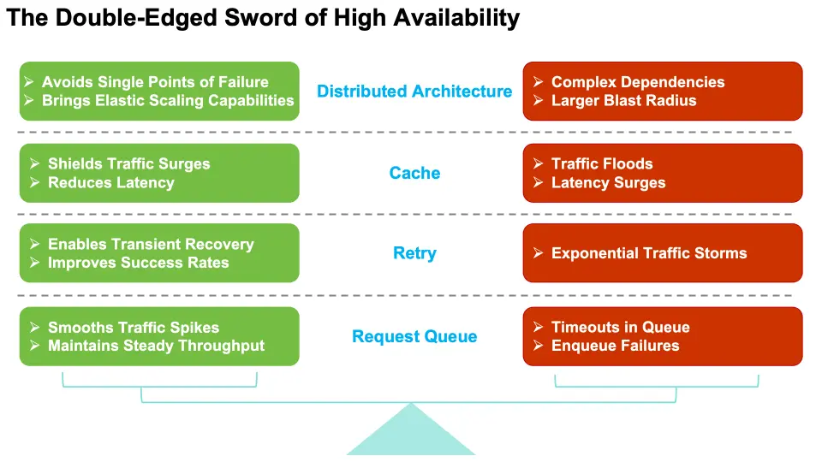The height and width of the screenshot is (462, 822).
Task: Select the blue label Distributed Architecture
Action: [x=414, y=92]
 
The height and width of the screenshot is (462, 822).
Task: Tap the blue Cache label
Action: [x=414, y=173]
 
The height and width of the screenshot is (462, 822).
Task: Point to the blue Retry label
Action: [x=414, y=253]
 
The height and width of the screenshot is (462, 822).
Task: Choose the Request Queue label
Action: [x=414, y=336]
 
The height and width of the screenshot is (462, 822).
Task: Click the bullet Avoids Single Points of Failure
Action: [x=155, y=82]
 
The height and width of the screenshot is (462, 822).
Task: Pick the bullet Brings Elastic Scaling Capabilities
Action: [x=168, y=100]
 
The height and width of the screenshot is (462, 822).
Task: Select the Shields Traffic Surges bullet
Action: [x=128, y=163]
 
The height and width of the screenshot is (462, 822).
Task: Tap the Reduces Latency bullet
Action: [x=110, y=182]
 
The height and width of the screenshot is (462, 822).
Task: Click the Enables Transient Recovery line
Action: [x=151, y=244]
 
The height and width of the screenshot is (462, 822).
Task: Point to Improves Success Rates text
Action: [x=138, y=263]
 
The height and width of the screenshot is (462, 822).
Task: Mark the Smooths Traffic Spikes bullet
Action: [x=134, y=327]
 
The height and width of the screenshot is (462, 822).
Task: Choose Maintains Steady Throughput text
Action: [x=156, y=346]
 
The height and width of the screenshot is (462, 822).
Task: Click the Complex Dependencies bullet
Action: [x=638, y=82]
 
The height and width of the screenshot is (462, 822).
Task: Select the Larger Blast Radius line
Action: [x=623, y=100]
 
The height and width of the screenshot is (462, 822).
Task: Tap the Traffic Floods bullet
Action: [x=602, y=163]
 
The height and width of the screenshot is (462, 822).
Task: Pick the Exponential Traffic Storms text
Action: [x=649, y=253]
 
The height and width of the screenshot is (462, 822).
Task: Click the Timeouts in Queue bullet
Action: [x=620, y=327]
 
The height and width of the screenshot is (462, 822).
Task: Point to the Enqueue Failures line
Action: [x=615, y=346]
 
